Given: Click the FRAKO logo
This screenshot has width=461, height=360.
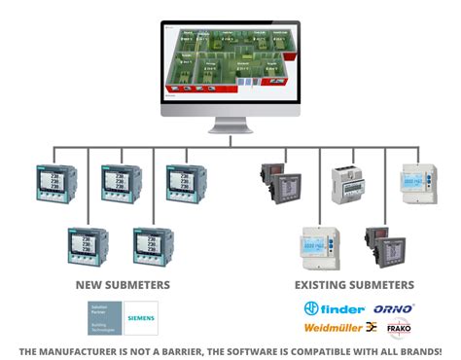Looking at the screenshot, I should click(399, 328).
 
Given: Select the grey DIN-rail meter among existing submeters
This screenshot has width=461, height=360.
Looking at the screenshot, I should click(349, 185).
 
